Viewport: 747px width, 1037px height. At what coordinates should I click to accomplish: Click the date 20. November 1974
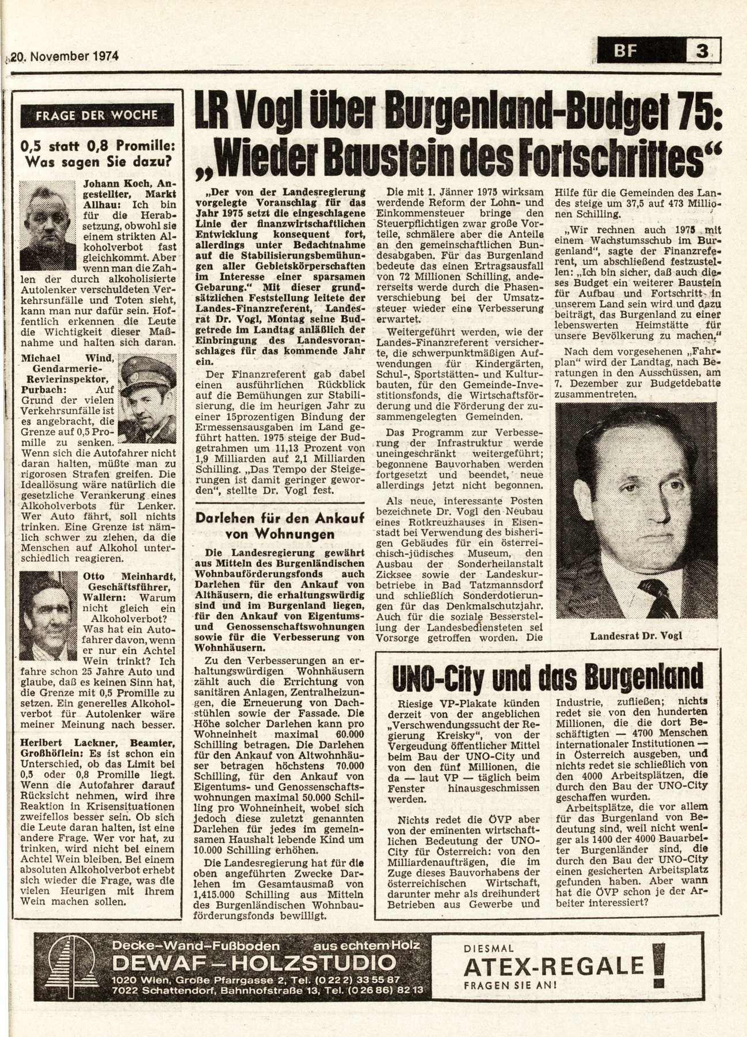(65, 56)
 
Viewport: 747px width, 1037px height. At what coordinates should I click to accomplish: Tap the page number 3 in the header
(702, 51)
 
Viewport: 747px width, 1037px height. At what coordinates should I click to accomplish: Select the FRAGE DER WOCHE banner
(96, 115)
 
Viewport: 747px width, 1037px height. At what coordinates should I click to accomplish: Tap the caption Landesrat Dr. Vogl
(635, 635)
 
